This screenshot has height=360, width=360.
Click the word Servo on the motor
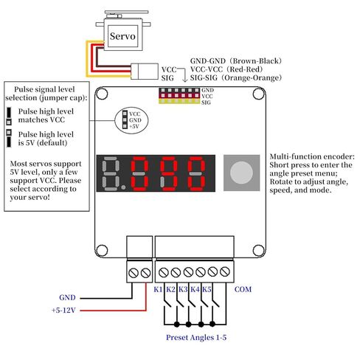[122, 36]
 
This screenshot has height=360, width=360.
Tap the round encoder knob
[241, 173]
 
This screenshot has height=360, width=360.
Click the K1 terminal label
[158, 289]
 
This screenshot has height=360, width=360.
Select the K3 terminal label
[183, 289]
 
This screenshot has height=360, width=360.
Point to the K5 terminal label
[207, 289]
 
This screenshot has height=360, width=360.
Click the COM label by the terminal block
[243, 289]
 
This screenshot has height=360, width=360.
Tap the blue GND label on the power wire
[67, 297]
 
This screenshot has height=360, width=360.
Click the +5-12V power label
[63, 310]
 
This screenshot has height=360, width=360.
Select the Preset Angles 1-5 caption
[196, 337]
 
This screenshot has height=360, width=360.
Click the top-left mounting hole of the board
[101, 94]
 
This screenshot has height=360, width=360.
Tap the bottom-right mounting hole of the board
[259, 251]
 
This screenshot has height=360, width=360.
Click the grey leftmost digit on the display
[111, 173]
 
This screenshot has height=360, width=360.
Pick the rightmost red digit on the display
[196, 173]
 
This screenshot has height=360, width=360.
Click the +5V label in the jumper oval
[134, 126]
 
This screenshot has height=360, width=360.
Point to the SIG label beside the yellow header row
[206, 103]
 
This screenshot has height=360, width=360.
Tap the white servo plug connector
[145, 72]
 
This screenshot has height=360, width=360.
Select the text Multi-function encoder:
[312, 156]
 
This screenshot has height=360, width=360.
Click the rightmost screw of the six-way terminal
[225, 271]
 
